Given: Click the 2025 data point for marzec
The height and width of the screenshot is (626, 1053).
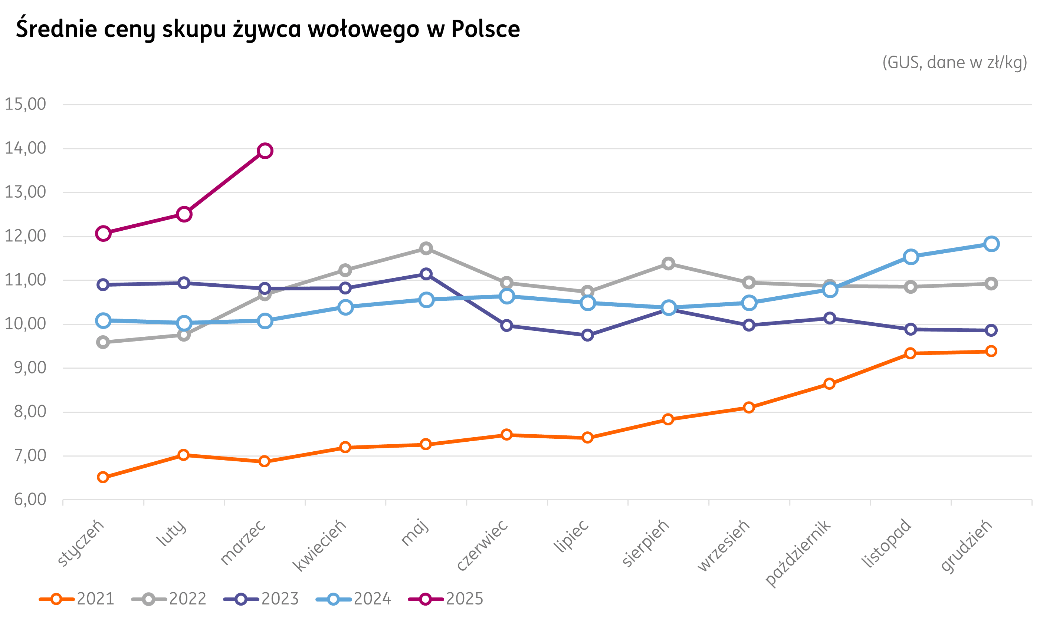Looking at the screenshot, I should click(x=265, y=151).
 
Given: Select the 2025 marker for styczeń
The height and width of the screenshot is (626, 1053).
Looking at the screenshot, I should click(x=103, y=233).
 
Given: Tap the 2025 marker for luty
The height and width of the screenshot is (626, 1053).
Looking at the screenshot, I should click(x=184, y=214).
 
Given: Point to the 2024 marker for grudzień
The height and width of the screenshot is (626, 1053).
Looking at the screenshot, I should click(x=991, y=244).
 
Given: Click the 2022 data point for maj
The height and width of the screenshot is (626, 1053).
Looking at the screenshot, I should click(x=426, y=248).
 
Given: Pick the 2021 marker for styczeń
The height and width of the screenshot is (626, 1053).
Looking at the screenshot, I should click(x=103, y=477).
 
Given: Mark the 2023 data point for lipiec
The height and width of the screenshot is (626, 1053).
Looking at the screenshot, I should click(x=587, y=335).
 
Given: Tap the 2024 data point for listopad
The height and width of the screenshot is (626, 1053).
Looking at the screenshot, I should click(x=911, y=257).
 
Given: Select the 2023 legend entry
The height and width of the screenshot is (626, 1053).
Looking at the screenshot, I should click(x=261, y=599).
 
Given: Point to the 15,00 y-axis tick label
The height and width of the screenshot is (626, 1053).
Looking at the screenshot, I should click(x=25, y=104).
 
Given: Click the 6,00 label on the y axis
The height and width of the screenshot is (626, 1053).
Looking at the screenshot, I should click(x=30, y=500).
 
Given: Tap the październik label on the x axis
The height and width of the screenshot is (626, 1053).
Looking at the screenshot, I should click(x=798, y=553).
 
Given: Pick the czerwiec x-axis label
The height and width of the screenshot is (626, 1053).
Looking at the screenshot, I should click(x=482, y=546).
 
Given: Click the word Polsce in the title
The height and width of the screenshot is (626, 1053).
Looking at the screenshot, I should click(x=485, y=29).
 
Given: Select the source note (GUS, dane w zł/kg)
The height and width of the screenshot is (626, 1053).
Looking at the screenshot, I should click(x=955, y=62).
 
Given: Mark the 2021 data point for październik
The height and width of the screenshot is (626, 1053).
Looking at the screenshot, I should click(x=829, y=383).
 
